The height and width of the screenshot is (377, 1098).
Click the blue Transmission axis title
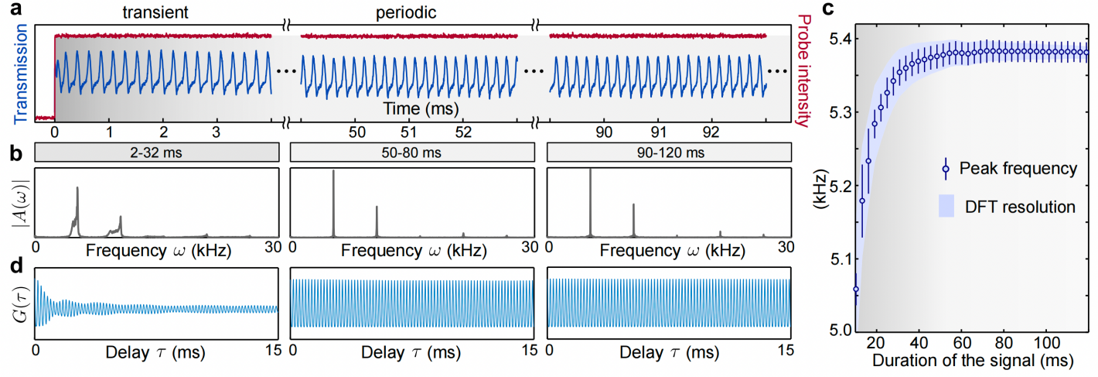click(20, 74)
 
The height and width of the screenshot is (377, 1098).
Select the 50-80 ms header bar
click(410, 152)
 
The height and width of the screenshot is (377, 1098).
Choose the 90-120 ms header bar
click(667, 152)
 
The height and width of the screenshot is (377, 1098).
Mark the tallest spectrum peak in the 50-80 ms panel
click(334, 172)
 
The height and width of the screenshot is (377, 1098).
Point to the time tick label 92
click(710, 132)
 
